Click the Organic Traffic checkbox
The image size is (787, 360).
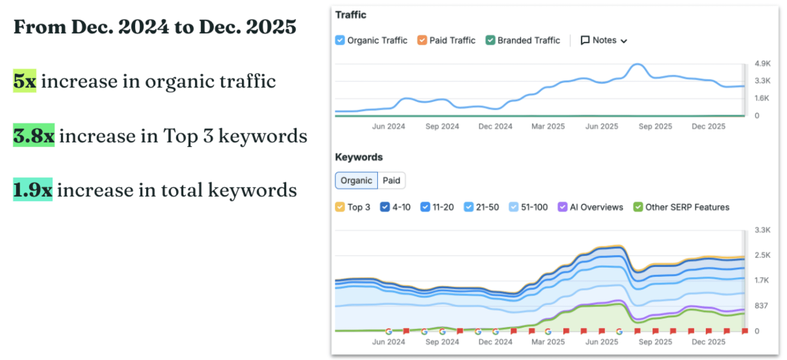[340, 40]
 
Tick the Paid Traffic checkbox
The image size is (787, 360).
[422, 40]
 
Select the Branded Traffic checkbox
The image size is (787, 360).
[490, 40]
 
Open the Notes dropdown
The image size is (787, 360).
[604, 40]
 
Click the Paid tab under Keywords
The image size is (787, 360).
[391, 180]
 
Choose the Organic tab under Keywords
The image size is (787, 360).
[356, 180]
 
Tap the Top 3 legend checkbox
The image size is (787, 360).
[340, 207]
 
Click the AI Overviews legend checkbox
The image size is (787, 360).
[562, 207]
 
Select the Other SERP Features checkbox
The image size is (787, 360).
[638, 207]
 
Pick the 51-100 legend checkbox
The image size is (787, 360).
[513, 207]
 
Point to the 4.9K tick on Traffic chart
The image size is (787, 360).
[762, 64]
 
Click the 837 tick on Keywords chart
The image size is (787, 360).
[761, 306]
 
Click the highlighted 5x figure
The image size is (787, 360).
[25, 81]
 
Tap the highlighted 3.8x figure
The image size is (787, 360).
[34, 135]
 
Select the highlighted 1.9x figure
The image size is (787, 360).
[33, 190]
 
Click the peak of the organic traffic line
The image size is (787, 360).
[637, 64]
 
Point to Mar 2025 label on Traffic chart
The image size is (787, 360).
[548, 126]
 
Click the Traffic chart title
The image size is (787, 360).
[351, 15]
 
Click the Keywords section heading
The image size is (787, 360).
[359, 157]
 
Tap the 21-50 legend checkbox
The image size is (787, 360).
[468, 207]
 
